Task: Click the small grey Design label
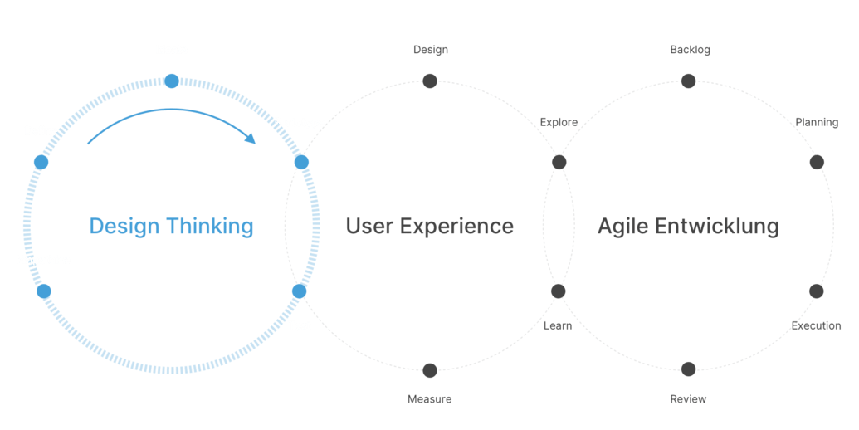coord(431,50)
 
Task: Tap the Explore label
coord(559,123)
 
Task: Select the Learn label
coord(558,326)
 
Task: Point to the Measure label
coord(430,399)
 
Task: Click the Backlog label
coord(691,50)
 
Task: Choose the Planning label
coord(817,123)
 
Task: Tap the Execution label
coord(817,326)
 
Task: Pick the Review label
coord(688,399)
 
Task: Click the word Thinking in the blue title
coord(210,227)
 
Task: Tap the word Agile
coord(623,227)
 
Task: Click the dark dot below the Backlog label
coord(689,81)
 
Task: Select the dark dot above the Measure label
coord(430,370)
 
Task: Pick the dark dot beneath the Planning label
coord(817,162)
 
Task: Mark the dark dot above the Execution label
coord(817,291)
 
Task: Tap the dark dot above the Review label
coord(689,369)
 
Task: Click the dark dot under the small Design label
coord(430,81)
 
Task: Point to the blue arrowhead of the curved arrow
coord(251,138)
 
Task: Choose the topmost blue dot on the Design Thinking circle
coord(172,81)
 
